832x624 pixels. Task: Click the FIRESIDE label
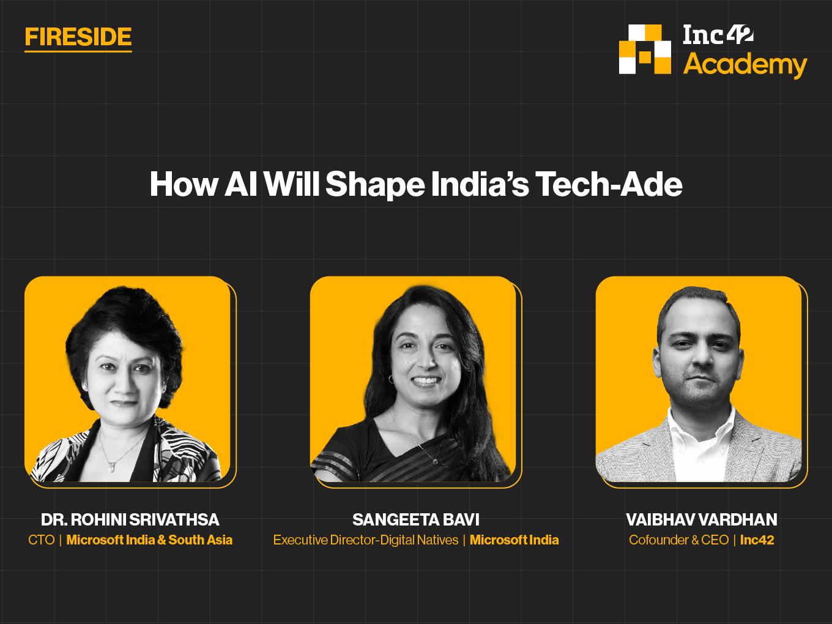(78, 37)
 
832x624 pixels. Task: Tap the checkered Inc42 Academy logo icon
(645, 49)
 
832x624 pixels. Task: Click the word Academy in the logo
(745, 65)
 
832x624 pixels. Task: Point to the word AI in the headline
(240, 184)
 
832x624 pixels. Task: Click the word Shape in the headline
(375, 185)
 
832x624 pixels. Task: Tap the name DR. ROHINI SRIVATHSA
(130, 519)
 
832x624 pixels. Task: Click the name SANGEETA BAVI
(416, 519)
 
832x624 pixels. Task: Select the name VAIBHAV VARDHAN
(702, 519)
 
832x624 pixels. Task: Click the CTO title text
(42, 540)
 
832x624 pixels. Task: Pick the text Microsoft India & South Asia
(149, 540)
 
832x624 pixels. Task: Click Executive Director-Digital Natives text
(366, 540)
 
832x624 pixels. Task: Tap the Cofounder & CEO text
(678, 540)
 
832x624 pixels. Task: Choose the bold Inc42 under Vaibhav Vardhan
(757, 540)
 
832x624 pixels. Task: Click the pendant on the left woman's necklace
(111, 467)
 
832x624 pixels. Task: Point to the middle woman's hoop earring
(391, 379)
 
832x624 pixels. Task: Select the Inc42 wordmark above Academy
(718, 35)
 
